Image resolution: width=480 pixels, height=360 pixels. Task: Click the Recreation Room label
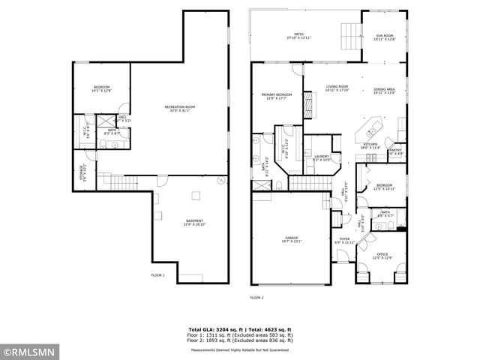[x=180, y=109]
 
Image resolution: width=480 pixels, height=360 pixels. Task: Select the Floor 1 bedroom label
[x=101, y=90]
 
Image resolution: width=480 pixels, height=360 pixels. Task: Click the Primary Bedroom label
[x=277, y=97]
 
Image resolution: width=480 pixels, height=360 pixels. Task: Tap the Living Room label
[x=337, y=88]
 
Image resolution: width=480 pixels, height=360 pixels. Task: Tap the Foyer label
[x=344, y=241]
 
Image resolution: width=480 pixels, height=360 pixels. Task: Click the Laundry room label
[x=322, y=157]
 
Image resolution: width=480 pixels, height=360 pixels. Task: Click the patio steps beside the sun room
[x=348, y=34]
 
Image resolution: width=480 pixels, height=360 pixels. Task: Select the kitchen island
[x=365, y=129]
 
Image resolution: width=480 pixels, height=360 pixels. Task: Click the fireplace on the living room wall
[x=307, y=106]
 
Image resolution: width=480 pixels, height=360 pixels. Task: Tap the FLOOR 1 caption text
[x=158, y=275]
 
